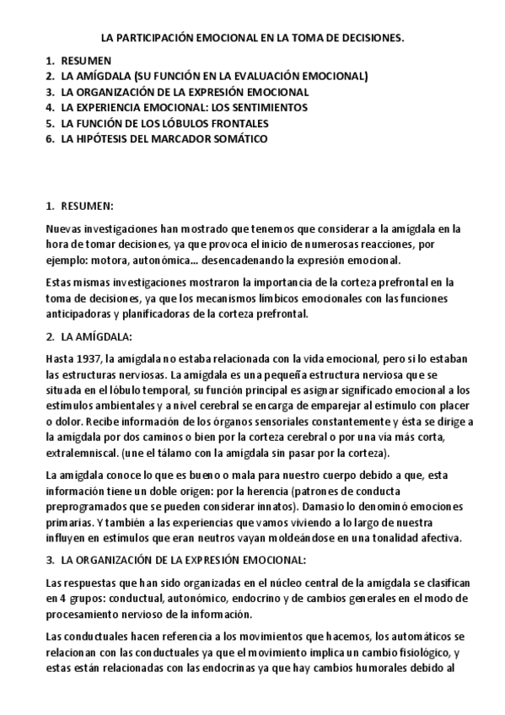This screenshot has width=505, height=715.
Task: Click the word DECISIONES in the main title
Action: click(x=368, y=39)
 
